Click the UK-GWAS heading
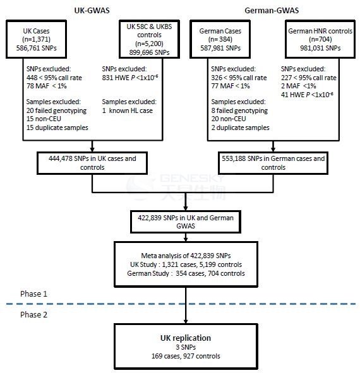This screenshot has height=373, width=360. [92, 11]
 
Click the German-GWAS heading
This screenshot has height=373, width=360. [272, 11]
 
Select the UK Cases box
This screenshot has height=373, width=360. [36, 39]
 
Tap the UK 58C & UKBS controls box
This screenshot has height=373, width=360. [149, 39]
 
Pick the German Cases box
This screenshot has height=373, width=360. [220, 39]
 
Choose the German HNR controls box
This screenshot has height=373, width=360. [320, 39]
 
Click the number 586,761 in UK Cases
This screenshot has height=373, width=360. [28, 48]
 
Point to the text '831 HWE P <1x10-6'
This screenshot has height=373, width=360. [130, 78]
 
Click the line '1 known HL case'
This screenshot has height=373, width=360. [128, 110]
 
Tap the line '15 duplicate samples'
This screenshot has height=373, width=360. [57, 127]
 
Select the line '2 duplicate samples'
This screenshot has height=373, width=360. [240, 127]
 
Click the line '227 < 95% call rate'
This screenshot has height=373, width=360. [309, 78]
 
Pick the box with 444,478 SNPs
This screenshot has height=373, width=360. [92, 163]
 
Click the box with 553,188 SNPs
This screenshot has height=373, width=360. [273, 163]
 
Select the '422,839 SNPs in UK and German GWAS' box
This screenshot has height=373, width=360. [186, 222]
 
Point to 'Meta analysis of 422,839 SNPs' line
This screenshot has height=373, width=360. [186, 256]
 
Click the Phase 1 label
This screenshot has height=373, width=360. [33, 293]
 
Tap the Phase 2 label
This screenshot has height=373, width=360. [33, 315]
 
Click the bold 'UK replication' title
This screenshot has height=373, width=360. [186, 338]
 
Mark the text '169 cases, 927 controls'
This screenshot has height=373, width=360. [186, 356]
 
